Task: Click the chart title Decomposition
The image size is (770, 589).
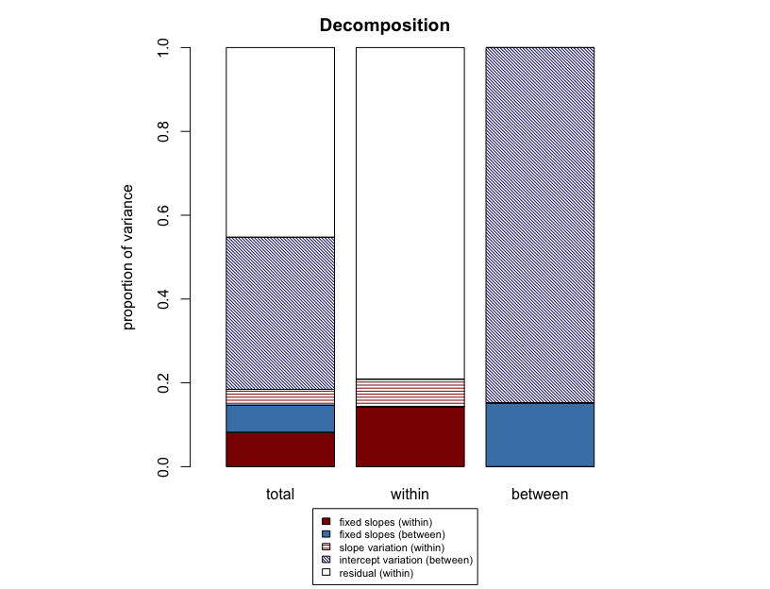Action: pyautogui.click(x=384, y=25)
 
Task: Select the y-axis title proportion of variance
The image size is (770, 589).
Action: pyautogui.click(x=129, y=257)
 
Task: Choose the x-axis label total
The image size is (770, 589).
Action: pyautogui.click(x=280, y=494)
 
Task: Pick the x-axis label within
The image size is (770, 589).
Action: pyautogui.click(x=410, y=494)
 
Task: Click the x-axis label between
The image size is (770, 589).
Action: pyautogui.click(x=540, y=494)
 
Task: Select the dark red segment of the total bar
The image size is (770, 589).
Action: pyautogui.click(x=280, y=449)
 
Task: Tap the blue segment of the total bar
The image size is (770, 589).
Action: pyautogui.click(x=280, y=418)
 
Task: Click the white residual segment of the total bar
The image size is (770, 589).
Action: pyautogui.click(x=280, y=142)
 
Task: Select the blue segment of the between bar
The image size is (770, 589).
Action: pyautogui.click(x=540, y=434)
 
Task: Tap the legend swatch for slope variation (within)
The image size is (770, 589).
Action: pyautogui.click(x=326, y=547)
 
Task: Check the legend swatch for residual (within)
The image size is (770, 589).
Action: pyautogui.click(x=326, y=573)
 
